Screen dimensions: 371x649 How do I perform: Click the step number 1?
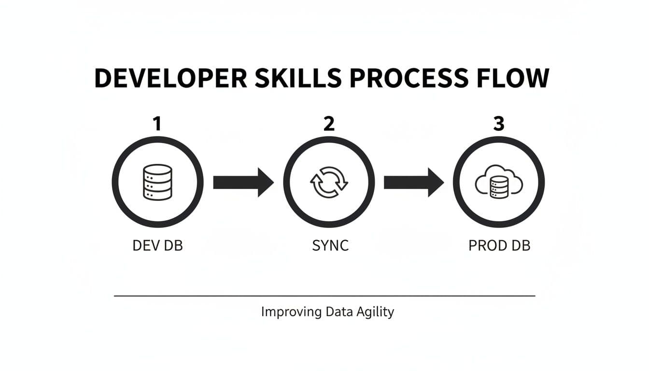tap(156, 125)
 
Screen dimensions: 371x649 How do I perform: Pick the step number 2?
tap(329, 125)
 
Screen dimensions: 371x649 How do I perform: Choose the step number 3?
tap(499, 125)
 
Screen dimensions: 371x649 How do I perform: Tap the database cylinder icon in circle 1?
tap(157, 182)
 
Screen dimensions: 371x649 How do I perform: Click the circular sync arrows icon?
tap(328, 183)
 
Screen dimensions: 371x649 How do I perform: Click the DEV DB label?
tap(157, 245)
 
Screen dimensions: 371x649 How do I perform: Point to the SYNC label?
tap(331, 245)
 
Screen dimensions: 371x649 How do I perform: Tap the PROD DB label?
tap(499, 245)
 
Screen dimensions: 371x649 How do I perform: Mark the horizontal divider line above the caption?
tap(324, 295)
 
